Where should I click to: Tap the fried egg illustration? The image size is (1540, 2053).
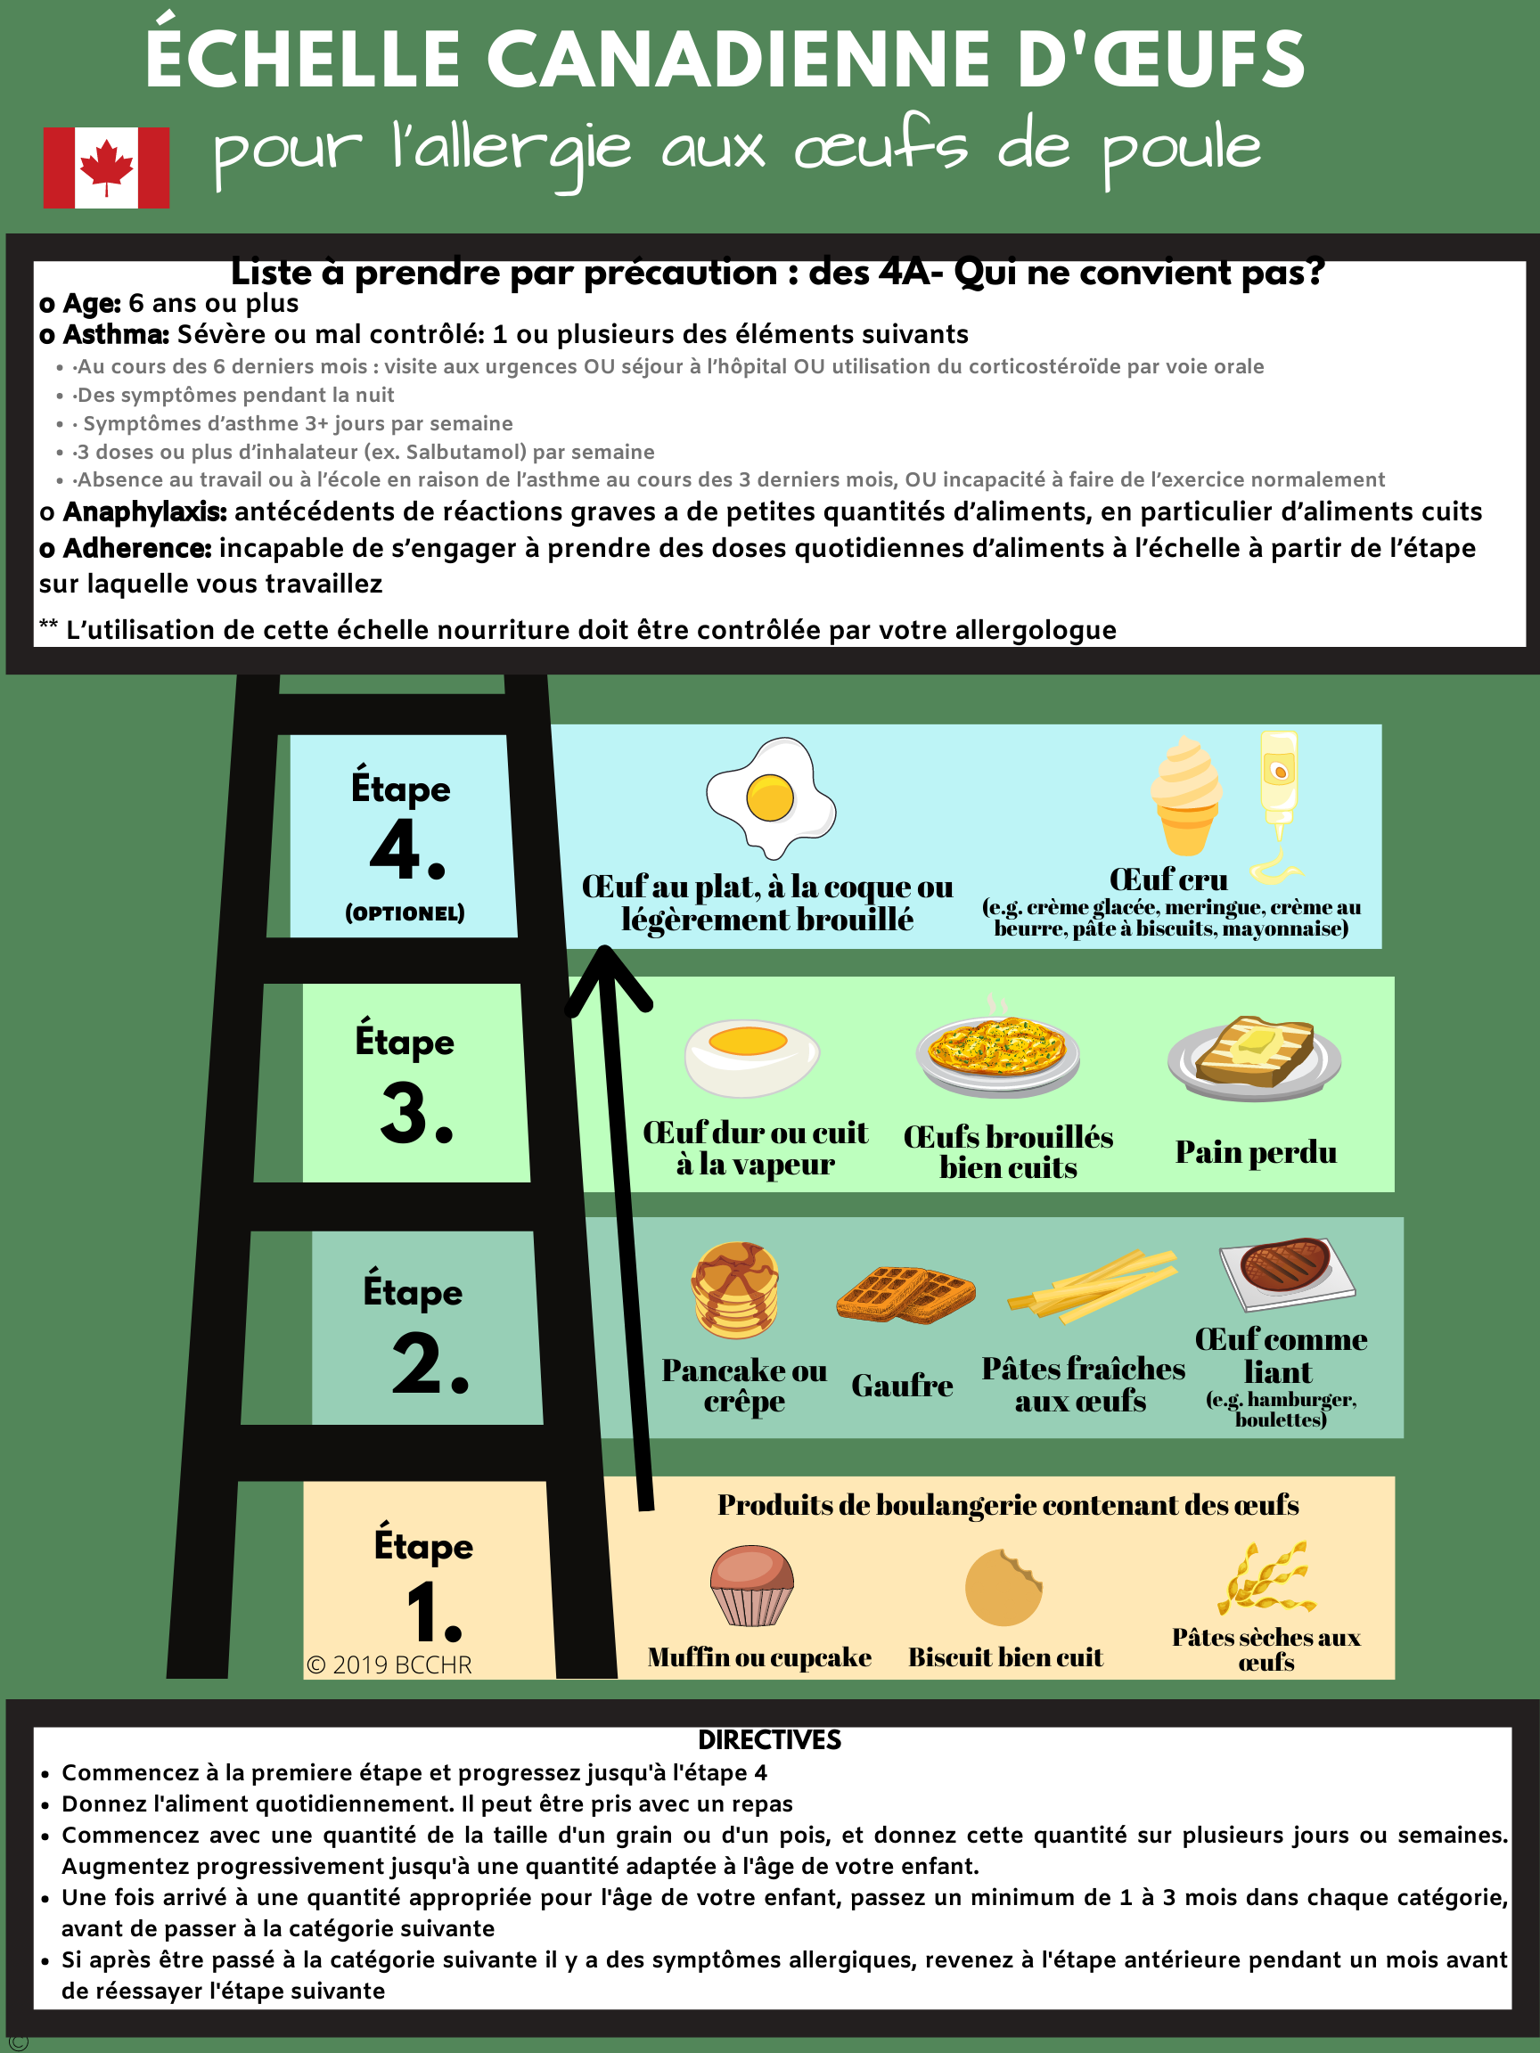click(x=771, y=797)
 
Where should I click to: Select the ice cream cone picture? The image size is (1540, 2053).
click(x=1185, y=796)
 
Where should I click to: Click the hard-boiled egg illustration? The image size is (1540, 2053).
click(x=752, y=1058)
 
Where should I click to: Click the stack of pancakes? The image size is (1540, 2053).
click(x=735, y=1290)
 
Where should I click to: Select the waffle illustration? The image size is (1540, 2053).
click(x=906, y=1293)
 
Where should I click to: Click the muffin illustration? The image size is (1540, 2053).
click(x=752, y=1584)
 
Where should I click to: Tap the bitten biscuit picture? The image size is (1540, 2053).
click(x=1003, y=1587)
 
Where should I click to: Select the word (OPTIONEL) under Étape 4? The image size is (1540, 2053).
click(x=405, y=913)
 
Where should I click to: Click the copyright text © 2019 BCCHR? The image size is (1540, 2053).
click(x=389, y=1664)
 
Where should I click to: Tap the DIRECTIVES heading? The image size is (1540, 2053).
click(x=769, y=1739)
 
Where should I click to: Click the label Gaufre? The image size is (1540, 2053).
click(x=902, y=1385)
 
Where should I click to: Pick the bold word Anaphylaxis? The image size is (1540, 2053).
click(x=144, y=511)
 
